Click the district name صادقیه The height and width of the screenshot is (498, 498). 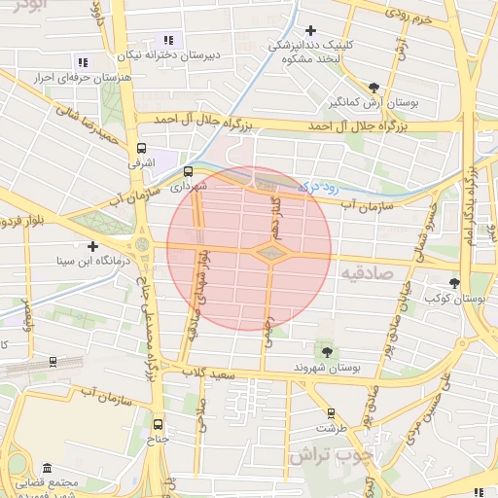pyautogui.click(x=366, y=275)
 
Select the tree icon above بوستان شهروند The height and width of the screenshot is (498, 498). pyautogui.click(x=325, y=352)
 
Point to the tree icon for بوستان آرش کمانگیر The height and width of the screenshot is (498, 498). pyautogui.click(x=374, y=88)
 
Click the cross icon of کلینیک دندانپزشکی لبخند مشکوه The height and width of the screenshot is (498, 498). pyautogui.click(x=310, y=32)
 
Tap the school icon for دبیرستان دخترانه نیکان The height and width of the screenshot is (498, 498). pyautogui.click(x=168, y=41)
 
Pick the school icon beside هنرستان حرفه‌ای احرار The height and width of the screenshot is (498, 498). pyautogui.click(x=81, y=61)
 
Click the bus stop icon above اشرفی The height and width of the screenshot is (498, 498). pyautogui.click(x=143, y=149)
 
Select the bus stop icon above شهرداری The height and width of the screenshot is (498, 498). pyautogui.click(x=188, y=171)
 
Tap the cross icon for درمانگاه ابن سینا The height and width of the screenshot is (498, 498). pyautogui.click(x=92, y=246)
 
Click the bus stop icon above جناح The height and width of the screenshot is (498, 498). pyautogui.click(x=159, y=424)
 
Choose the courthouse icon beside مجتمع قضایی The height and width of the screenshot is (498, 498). pyautogui.click(x=47, y=469)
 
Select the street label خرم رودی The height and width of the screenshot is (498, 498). pyautogui.click(x=408, y=18)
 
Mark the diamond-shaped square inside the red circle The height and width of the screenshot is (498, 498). pyautogui.click(x=270, y=253)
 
